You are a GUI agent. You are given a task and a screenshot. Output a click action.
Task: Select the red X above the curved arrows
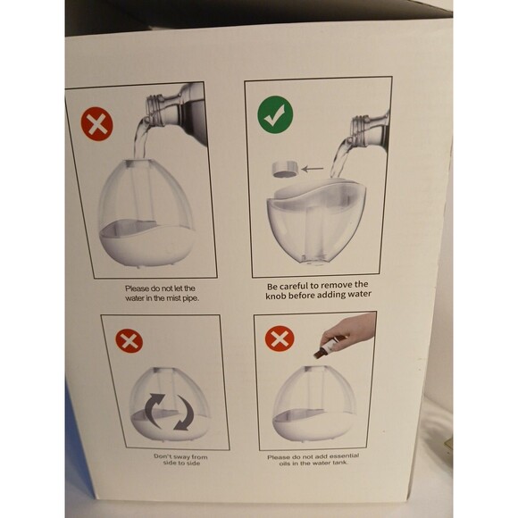click(129, 340)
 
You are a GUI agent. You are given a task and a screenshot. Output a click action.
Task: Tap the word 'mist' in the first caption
click(175, 299)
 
